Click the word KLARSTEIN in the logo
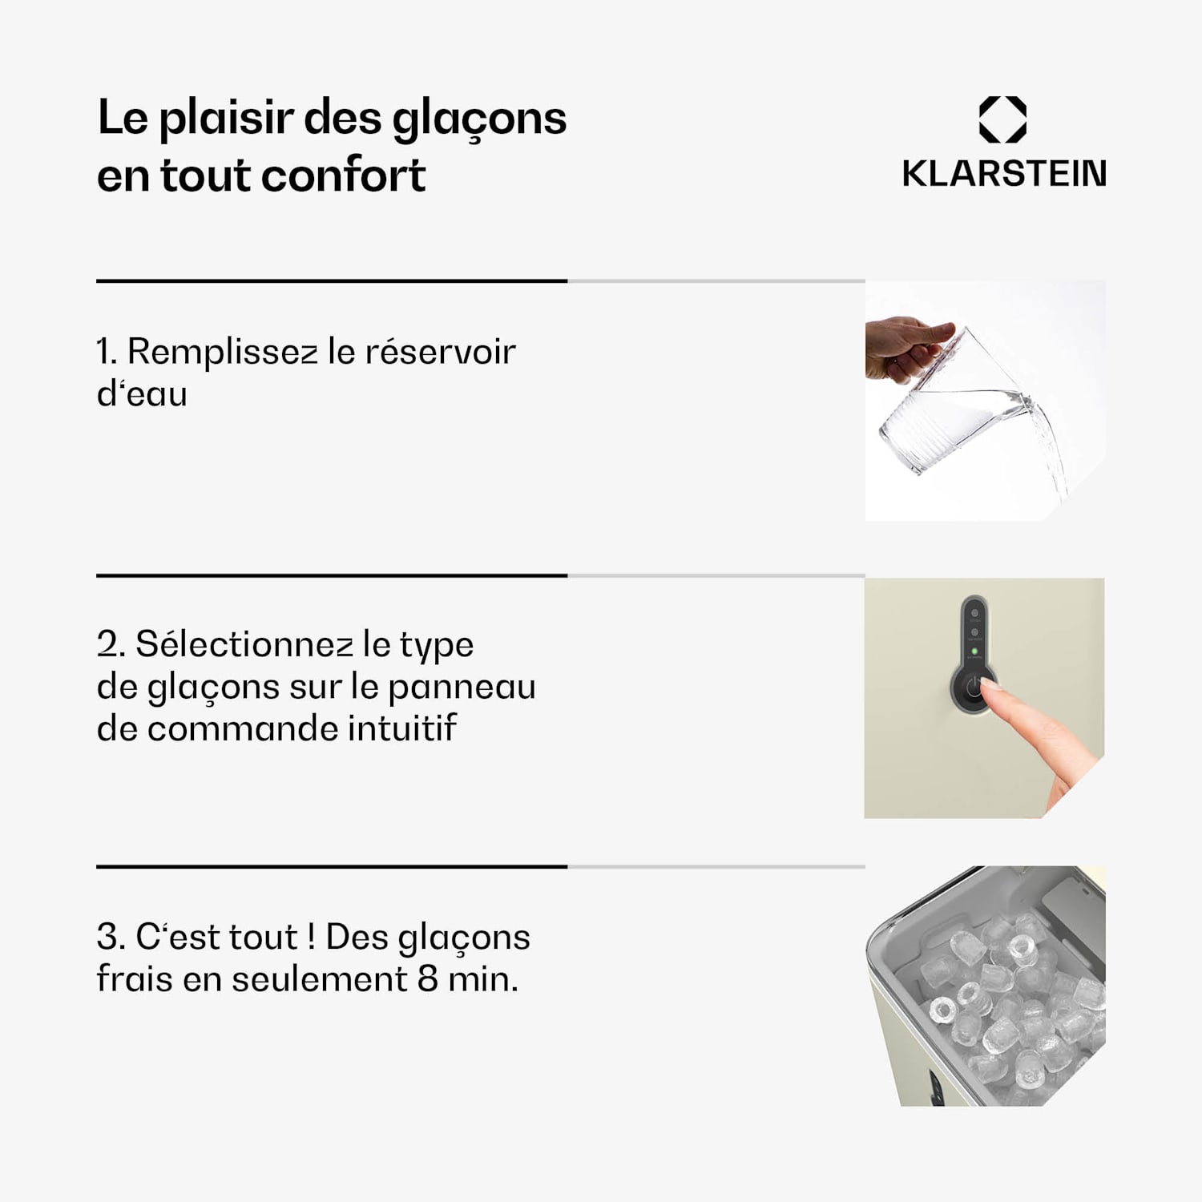coord(1003,174)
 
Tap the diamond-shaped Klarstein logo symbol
coord(1002,119)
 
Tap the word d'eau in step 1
coord(142,394)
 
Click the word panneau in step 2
coord(462,687)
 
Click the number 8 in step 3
coord(427,979)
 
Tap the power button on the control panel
coord(973,688)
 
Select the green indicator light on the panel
coord(974,651)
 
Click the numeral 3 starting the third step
coord(108,937)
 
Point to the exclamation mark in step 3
coord(311,937)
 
